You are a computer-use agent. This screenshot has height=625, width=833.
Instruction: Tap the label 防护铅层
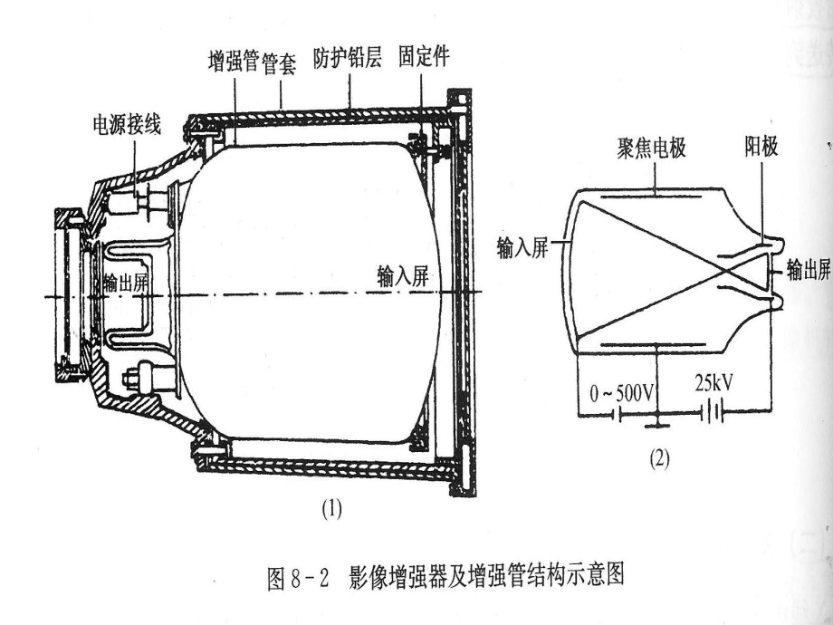coord(348,58)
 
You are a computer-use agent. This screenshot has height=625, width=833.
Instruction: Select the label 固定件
coord(424,56)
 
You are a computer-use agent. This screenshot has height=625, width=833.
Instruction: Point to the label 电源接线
coord(127,125)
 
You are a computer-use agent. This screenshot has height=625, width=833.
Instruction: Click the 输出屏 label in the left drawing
coord(126,284)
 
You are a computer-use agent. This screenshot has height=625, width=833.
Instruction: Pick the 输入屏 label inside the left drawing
coord(403,276)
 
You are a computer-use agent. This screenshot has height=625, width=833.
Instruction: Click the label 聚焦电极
coord(651,148)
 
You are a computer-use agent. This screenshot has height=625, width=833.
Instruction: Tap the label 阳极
coord(761,146)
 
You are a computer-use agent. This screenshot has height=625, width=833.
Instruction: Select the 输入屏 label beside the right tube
coord(522,247)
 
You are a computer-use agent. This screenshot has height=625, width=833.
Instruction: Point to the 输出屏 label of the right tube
coord(809,269)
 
